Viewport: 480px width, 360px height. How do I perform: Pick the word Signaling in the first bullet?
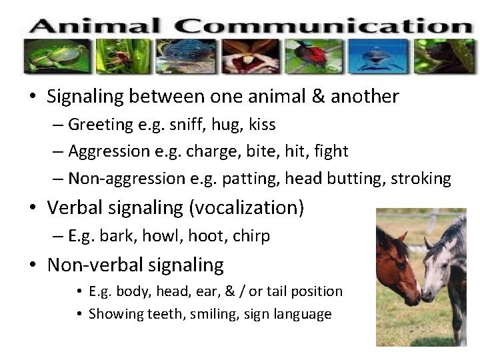point(86,97)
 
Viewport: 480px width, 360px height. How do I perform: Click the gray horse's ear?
point(429,243)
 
